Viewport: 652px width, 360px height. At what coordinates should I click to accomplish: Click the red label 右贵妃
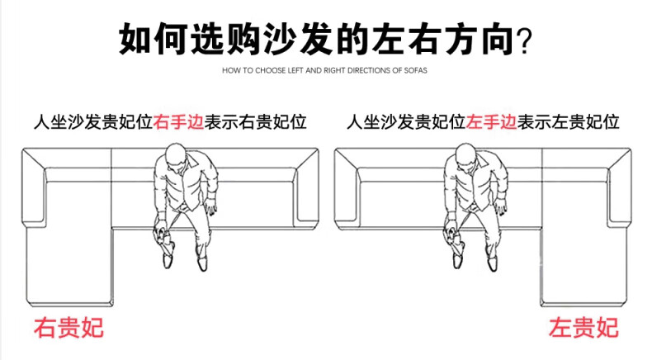point(68,328)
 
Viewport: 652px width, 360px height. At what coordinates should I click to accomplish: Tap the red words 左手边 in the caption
point(492,123)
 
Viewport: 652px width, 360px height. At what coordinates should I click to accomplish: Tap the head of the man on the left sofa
point(174,157)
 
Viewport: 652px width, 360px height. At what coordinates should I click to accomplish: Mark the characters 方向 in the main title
point(485,38)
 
